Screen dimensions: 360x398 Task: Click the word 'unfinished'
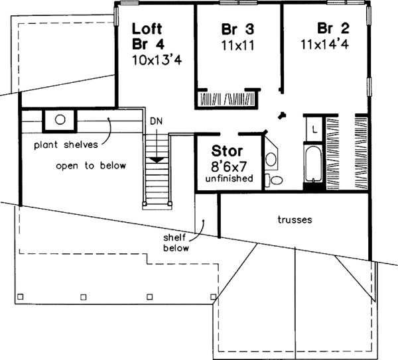point(228,178)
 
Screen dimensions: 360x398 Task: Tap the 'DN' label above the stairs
point(156,122)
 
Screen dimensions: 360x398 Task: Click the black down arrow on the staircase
point(157,160)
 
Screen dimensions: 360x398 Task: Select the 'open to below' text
point(91,165)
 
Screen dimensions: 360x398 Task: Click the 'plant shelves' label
point(68,143)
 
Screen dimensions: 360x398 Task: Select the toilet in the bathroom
point(274,180)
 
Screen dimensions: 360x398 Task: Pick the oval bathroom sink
point(271,159)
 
